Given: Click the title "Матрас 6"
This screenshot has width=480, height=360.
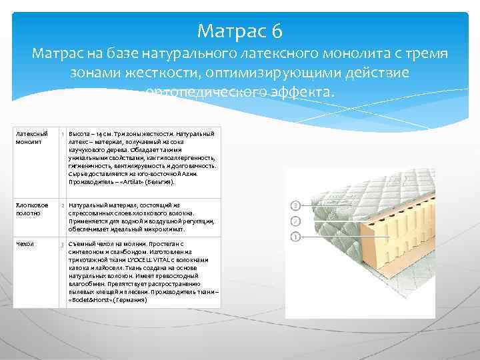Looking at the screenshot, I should tap(240, 31).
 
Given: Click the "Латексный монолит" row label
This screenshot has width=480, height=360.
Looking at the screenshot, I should tap(28, 139).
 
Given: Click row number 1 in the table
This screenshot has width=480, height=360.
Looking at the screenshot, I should tap(62, 135).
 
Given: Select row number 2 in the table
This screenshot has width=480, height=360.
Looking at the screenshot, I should tap(62, 206).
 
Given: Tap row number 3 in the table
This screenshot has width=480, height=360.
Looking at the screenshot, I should tap(62, 245).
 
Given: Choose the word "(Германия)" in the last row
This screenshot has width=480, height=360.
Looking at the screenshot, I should tap(130, 300).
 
